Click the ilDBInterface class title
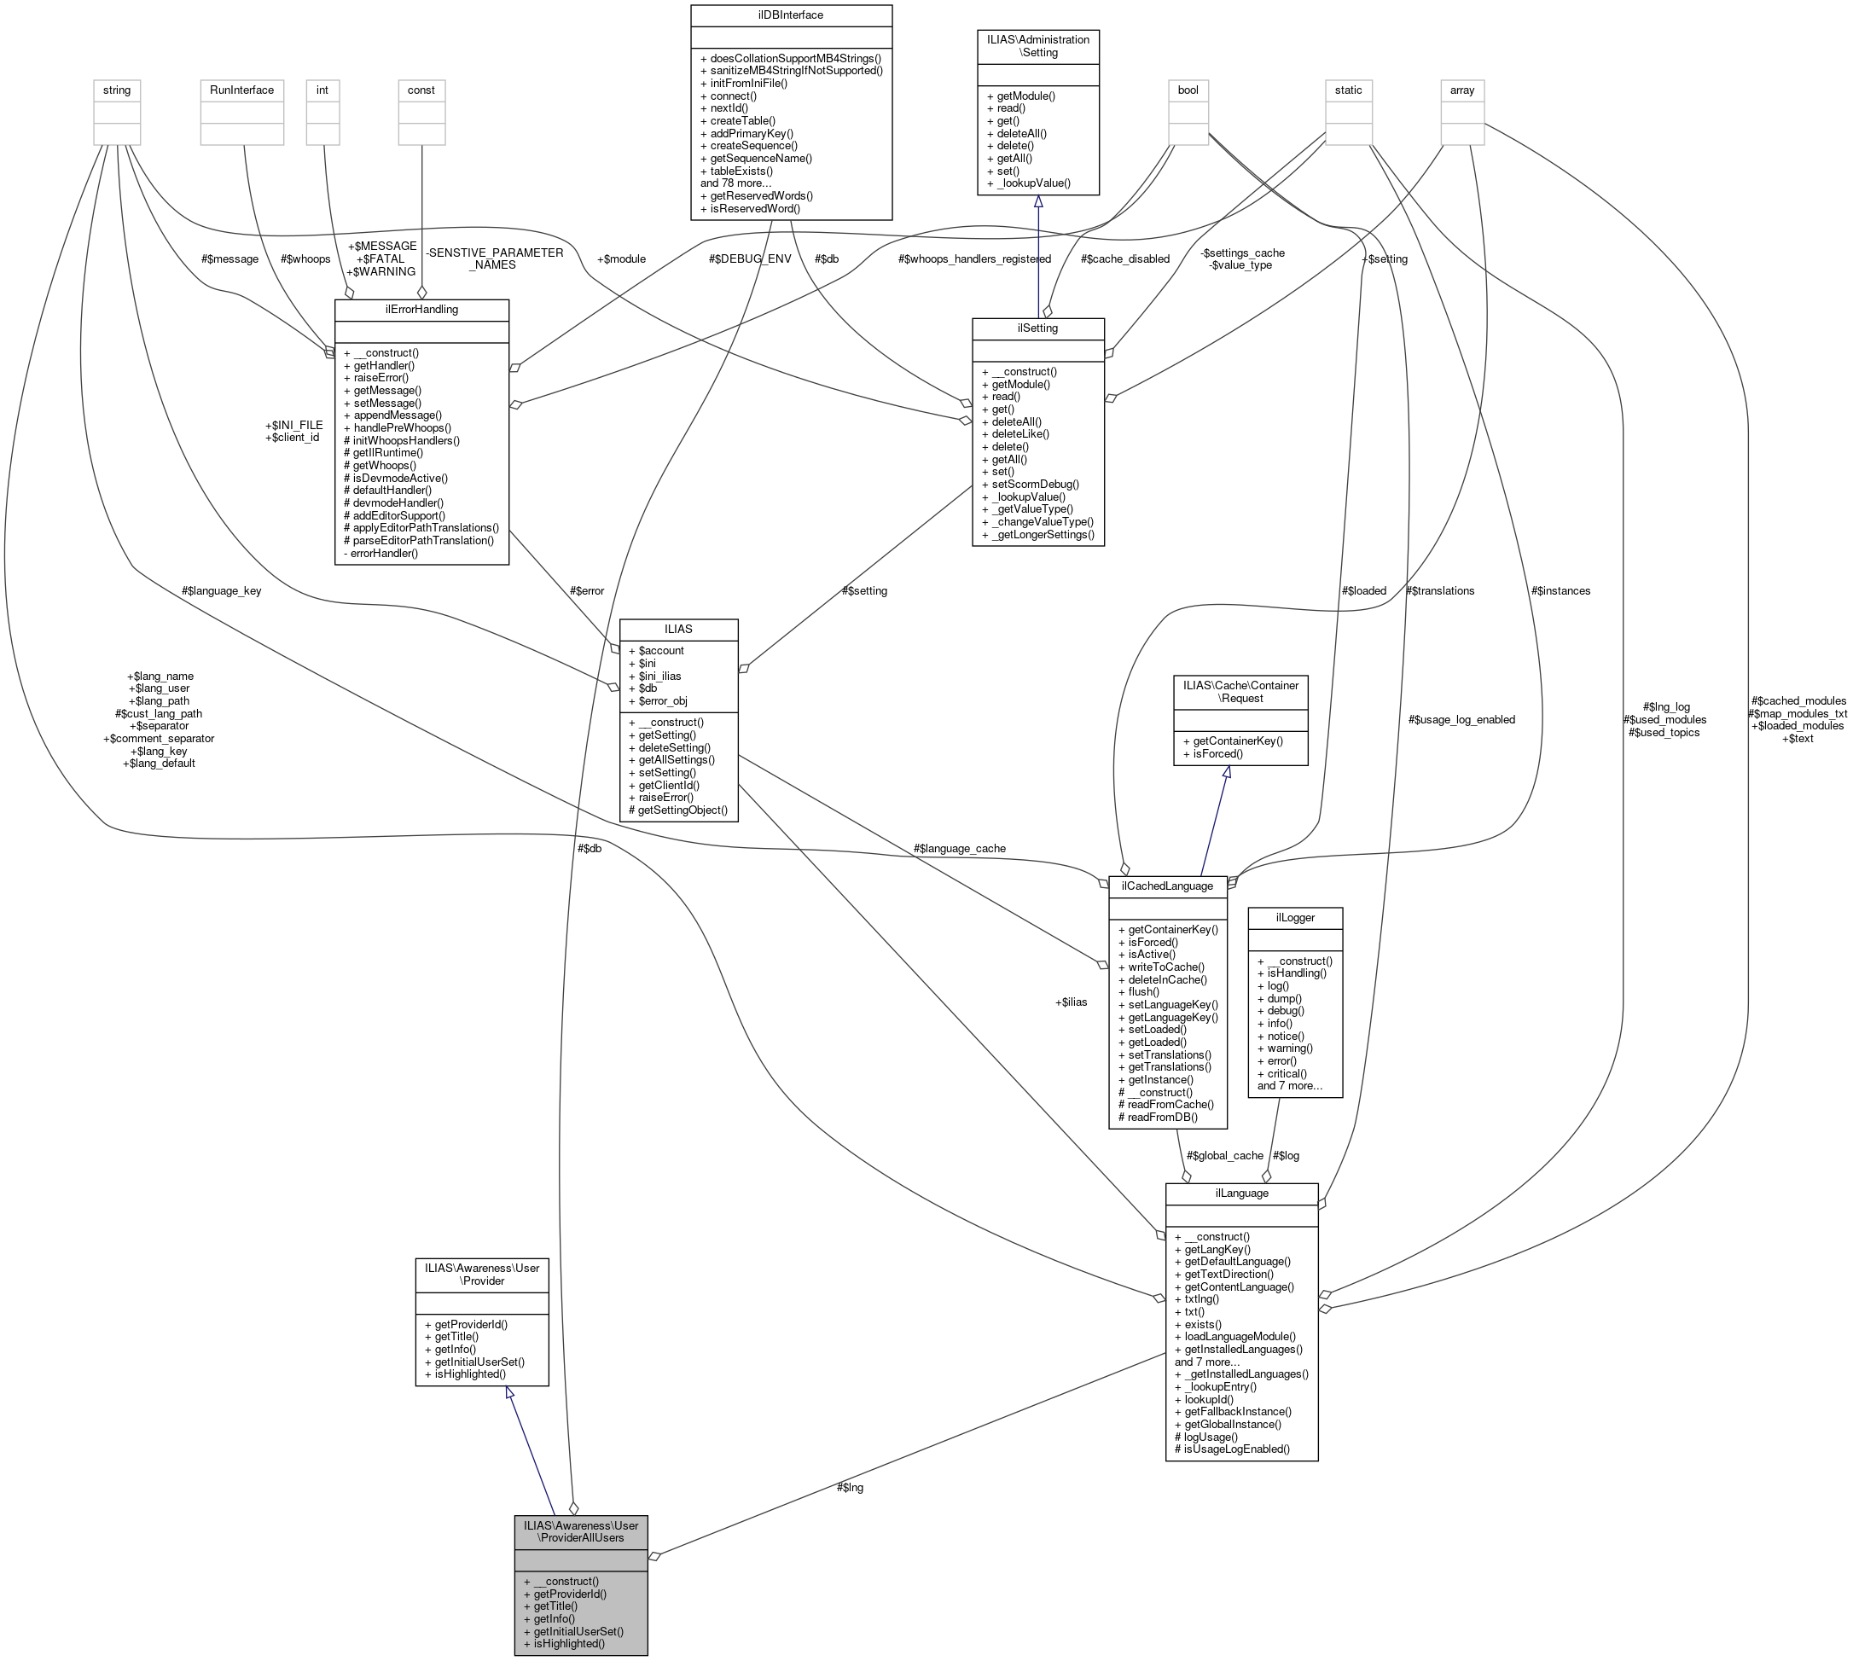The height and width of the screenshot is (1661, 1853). coord(791,15)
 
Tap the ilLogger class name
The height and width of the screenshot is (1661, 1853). coord(1294,917)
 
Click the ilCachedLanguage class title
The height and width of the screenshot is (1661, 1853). coord(1166,886)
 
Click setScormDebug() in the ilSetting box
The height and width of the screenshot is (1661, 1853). coord(1034,485)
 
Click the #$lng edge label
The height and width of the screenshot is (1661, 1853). coord(849,1488)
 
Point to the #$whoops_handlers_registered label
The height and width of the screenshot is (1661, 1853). coord(974,259)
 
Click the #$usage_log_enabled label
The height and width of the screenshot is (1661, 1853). coord(1461,720)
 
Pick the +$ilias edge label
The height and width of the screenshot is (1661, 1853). coord(1071,1002)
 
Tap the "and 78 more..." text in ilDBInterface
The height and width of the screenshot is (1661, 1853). coord(735,183)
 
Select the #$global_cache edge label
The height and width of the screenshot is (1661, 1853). coord(1224,1155)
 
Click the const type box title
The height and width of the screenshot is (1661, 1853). coord(421,90)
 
